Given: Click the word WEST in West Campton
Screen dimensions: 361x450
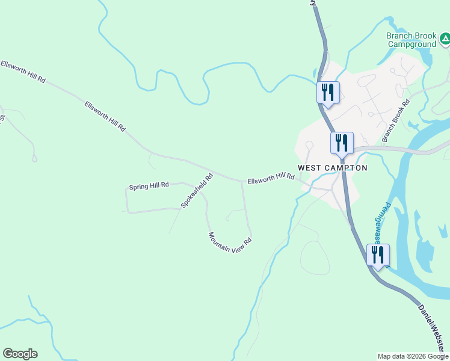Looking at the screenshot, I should coord(310,168).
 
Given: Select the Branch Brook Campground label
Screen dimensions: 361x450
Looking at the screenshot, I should coord(411,40).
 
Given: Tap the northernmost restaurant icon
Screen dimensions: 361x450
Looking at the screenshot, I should coord(328,93).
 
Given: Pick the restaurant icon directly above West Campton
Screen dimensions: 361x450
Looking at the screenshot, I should coord(342,143).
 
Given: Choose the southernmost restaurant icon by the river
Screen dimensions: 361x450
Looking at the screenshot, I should coord(378,255).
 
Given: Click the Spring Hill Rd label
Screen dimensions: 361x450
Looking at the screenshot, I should coord(149,185).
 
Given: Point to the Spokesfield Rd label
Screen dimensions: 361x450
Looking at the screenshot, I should coord(197,191).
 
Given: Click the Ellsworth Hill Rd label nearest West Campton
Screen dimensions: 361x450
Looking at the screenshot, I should coord(270,178).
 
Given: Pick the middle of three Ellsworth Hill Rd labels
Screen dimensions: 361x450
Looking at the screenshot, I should coord(105,117).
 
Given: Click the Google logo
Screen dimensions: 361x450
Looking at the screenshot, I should coord(20,354).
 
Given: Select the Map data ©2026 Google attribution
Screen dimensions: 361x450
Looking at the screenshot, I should coord(413,356).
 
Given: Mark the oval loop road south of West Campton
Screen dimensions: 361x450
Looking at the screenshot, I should coord(314,258).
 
